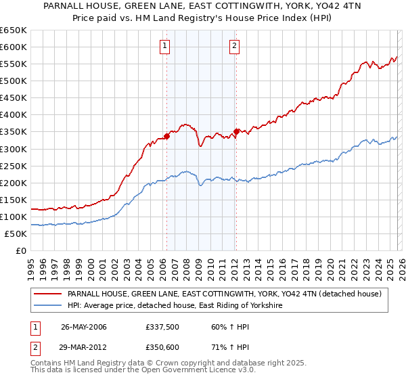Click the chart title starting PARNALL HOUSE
point(203,9)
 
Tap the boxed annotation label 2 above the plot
point(234,46)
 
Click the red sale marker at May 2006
point(166,136)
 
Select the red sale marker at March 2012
point(236,131)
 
